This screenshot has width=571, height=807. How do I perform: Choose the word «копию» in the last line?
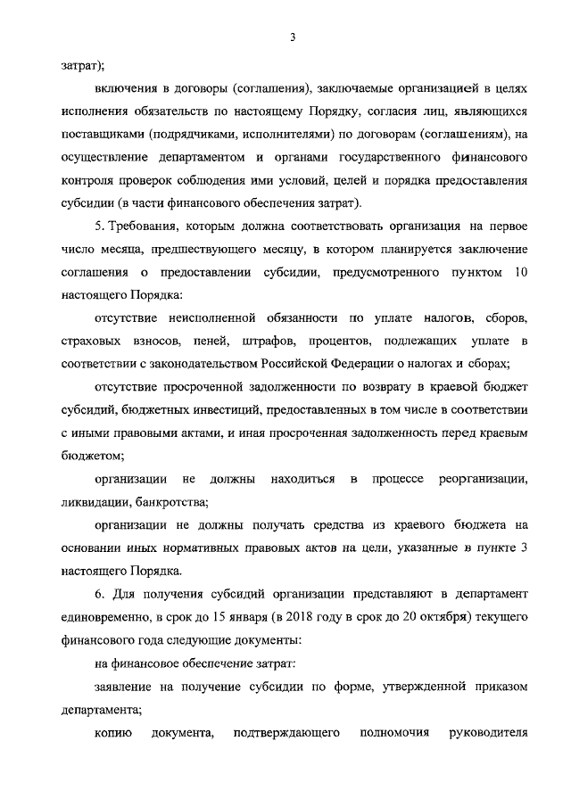[112, 733]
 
